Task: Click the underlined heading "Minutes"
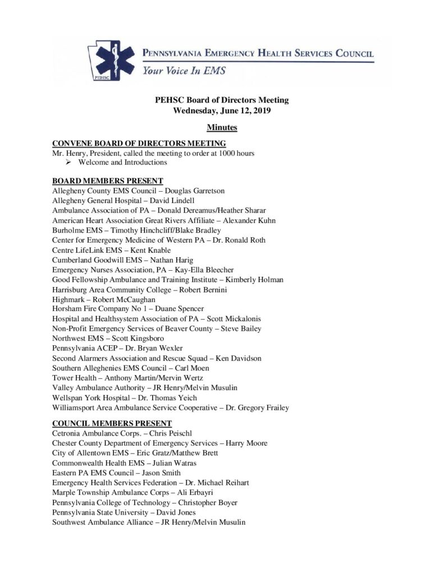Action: point(222,128)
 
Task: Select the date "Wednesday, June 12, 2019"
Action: point(222,110)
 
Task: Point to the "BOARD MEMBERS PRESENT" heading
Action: point(107,180)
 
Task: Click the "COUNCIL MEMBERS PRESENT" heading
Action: point(112,423)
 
